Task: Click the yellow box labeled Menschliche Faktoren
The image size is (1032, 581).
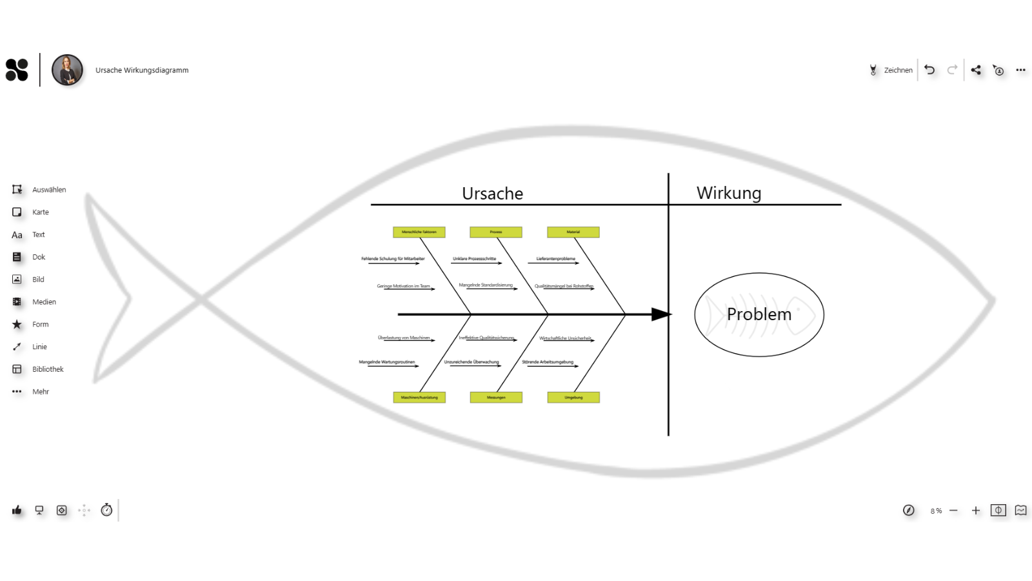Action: pos(419,232)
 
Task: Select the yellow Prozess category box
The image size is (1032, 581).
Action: pos(496,232)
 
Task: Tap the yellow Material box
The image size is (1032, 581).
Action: pos(573,232)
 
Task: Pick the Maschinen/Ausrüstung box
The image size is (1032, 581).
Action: pos(419,398)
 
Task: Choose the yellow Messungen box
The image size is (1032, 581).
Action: pos(496,398)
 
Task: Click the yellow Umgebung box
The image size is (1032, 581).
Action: pos(573,398)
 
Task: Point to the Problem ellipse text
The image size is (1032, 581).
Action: pos(759,314)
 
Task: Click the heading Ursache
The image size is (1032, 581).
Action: pos(492,194)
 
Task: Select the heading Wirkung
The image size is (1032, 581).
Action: pos(729,193)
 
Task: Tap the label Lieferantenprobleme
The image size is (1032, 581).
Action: pos(555,259)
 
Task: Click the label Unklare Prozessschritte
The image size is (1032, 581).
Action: pos(474,259)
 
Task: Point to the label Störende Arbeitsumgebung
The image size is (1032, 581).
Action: pos(548,362)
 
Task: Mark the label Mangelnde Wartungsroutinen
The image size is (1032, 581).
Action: pos(387,362)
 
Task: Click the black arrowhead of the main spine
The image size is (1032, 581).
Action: pos(661,314)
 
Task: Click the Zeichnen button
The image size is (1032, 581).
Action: pos(891,70)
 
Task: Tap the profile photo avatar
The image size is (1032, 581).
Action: pos(67,70)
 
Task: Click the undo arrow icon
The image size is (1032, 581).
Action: pos(929,70)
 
